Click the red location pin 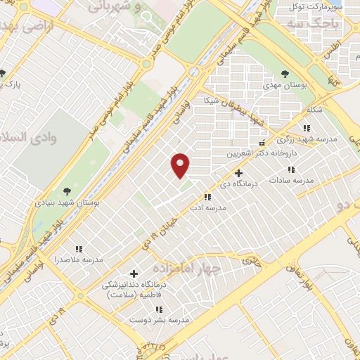(181, 165)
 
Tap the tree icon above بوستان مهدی (285, 73)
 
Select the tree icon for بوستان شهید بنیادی (67, 191)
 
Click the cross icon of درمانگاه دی (239, 173)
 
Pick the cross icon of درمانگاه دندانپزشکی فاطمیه (134, 273)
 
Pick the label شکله (314, 111)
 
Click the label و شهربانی (117, 6)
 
